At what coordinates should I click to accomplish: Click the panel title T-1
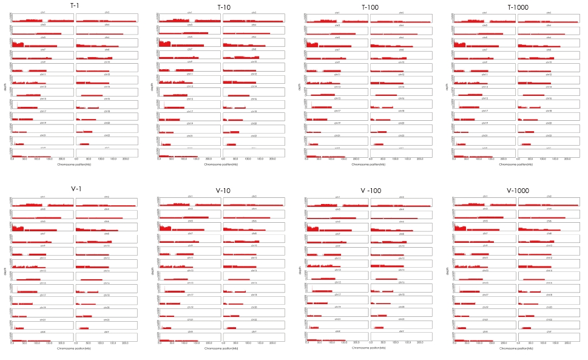coord(74,5)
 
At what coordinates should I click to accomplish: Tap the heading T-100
coord(369,7)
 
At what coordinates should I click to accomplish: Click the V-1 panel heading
coord(76,188)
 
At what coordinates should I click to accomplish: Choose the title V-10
coord(222,190)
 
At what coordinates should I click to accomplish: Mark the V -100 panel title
coord(370,190)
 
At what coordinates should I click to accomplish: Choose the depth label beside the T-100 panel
coord(300,87)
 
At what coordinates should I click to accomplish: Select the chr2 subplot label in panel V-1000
coord(549,196)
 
